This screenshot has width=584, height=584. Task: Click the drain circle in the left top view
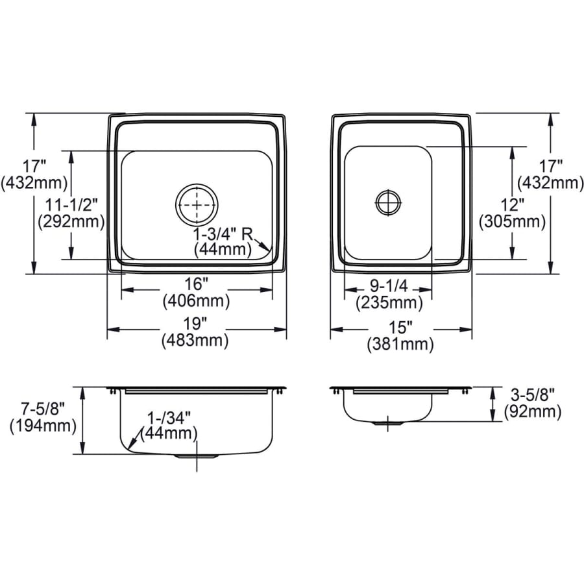pos(196,205)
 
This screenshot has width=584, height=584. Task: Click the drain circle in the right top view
pos(388,202)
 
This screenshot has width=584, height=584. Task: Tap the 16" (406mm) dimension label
pos(196,293)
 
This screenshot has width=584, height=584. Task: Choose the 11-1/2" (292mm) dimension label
pos(71,212)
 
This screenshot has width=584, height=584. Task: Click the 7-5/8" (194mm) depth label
pos(43,418)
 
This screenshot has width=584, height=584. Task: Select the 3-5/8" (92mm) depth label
pos(531,402)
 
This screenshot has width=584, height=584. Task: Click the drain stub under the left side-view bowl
pos(196,456)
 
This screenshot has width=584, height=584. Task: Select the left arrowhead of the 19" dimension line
pos(111,329)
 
